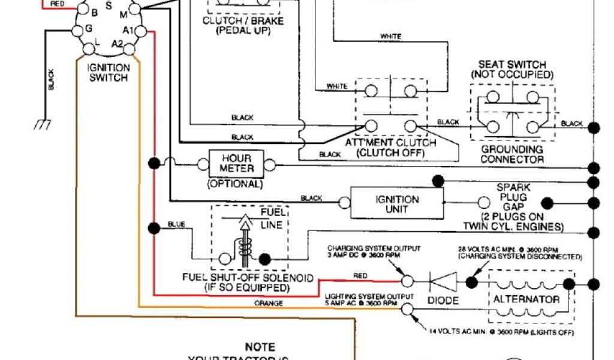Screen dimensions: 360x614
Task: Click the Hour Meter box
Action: [237, 163]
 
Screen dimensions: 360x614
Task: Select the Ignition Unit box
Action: [396, 204]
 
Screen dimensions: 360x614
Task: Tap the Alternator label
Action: [526, 299]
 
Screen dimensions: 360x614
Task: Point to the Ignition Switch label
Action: [108, 73]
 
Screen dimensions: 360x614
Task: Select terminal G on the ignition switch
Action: [89, 29]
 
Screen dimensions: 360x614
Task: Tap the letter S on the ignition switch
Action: [108, 5]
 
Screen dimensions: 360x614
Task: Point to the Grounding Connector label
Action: [512, 154]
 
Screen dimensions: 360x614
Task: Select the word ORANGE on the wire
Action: [267, 303]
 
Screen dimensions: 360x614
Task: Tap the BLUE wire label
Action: [176, 225]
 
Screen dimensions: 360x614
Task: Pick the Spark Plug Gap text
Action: [513, 197]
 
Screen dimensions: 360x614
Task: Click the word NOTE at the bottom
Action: [260, 347]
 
